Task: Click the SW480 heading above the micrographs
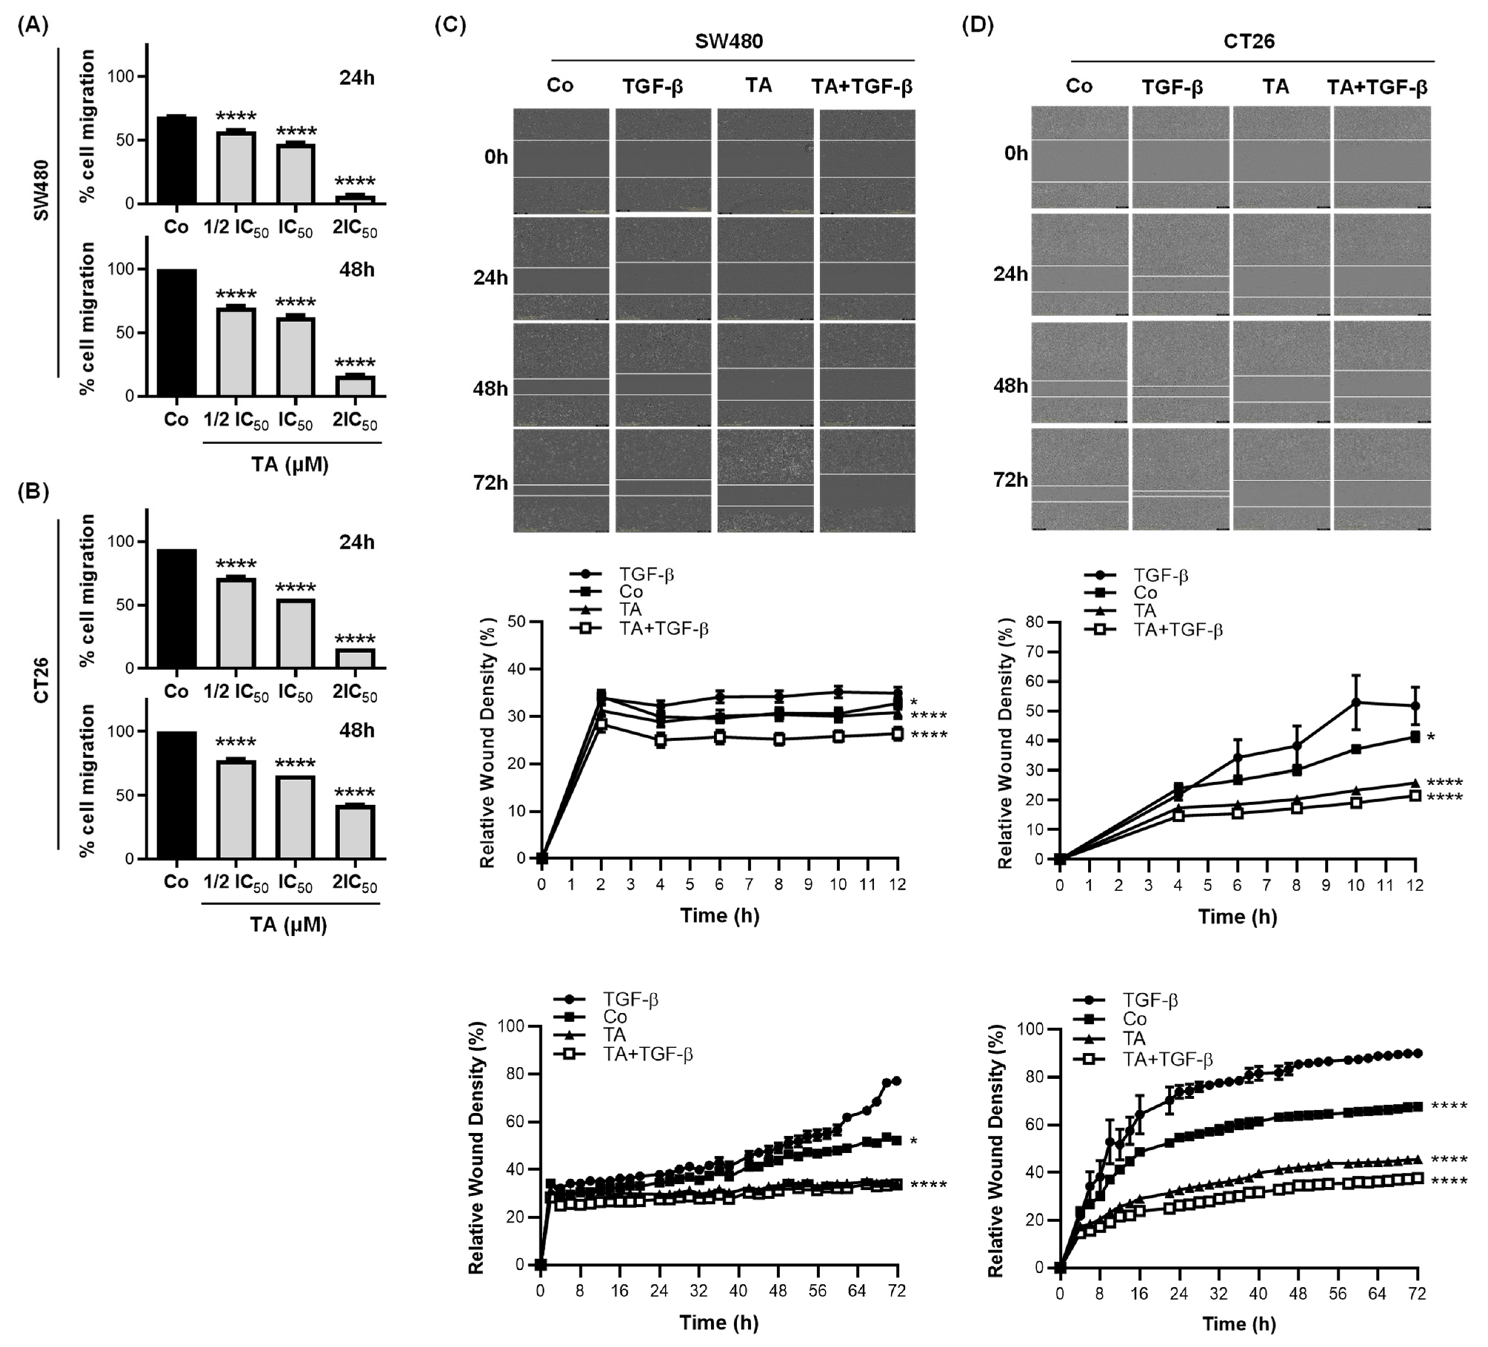[728, 41]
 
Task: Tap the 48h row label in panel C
[490, 388]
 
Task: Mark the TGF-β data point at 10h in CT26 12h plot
[1356, 702]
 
